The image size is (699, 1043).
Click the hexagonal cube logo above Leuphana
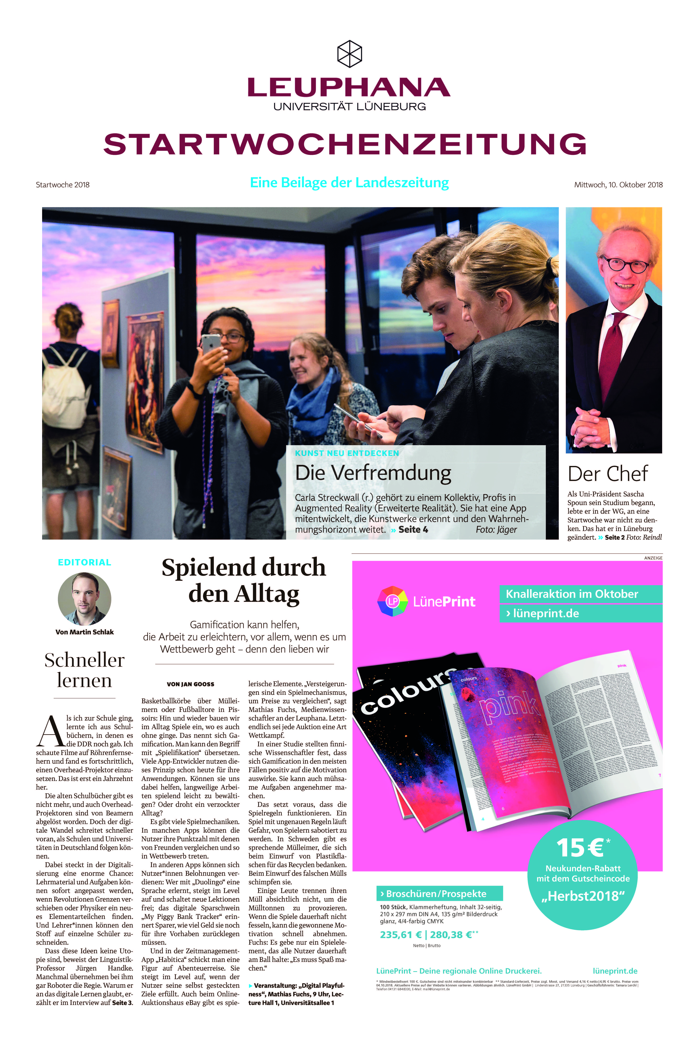coord(349,53)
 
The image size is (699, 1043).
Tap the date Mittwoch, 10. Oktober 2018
coord(618,185)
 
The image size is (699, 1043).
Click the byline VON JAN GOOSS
coord(190,684)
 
